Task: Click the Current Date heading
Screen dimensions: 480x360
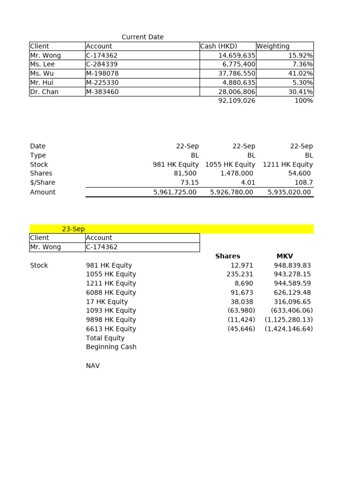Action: [142, 37]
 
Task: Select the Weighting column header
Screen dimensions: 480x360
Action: [273, 46]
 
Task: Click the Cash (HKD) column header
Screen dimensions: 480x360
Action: [219, 46]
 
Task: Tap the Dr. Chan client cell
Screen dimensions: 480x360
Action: [45, 92]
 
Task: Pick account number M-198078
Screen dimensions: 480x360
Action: [102, 74]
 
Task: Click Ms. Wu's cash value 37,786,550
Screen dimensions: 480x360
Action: [237, 74]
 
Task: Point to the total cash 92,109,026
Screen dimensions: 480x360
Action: [237, 101]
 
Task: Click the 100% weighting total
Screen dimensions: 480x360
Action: [303, 101]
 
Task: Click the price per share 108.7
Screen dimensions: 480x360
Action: [303, 182]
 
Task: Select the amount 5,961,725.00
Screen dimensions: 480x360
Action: [175, 192]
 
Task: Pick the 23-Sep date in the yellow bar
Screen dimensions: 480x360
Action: [73, 229]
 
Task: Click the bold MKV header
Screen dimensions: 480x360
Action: [285, 256]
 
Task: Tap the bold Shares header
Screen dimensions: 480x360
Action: [227, 256]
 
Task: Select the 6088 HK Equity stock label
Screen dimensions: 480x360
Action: [111, 292]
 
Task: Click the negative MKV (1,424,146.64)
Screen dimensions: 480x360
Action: [288, 329]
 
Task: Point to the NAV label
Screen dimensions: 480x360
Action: [93, 366]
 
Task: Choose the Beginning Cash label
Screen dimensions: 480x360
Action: [111, 347]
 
